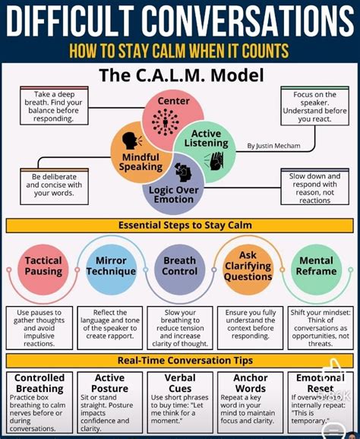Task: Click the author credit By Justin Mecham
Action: point(273,146)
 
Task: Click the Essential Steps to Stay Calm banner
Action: point(180,225)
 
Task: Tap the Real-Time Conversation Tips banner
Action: point(180,359)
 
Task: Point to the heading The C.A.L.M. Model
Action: point(180,75)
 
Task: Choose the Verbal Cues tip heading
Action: point(179,384)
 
